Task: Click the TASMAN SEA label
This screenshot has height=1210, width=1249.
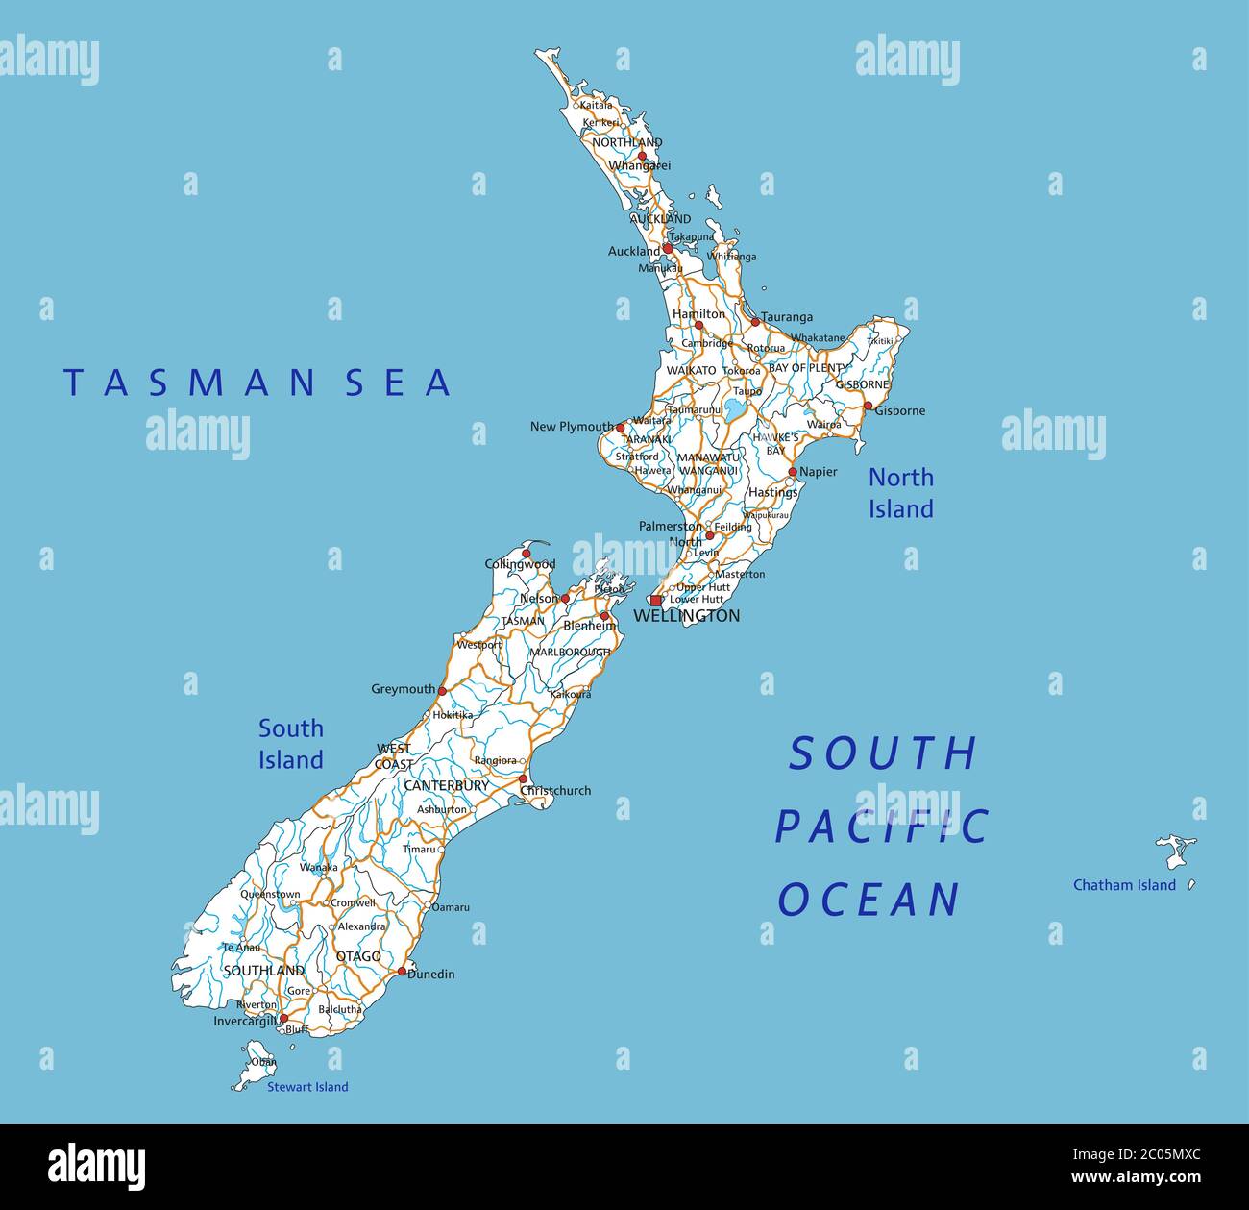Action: [x=257, y=383]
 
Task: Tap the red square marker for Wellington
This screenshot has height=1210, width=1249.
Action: [x=655, y=601]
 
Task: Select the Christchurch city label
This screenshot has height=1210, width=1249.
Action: [x=556, y=791]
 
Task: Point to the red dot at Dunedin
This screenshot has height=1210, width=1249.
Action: [x=402, y=972]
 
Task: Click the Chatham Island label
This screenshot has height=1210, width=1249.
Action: [x=1124, y=885]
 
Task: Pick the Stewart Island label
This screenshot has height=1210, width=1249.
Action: [x=307, y=1087]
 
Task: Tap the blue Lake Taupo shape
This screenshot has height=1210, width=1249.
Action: [x=735, y=411]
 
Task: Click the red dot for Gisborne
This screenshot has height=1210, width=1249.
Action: [x=868, y=407]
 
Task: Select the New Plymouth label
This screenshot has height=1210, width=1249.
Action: [x=572, y=426]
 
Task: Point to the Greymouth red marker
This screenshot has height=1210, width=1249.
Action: [x=442, y=690]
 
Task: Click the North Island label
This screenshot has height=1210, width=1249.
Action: [x=900, y=493]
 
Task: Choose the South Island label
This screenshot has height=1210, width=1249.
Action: [x=290, y=744]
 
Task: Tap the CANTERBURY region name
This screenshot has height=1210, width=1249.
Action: [x=446, y=785]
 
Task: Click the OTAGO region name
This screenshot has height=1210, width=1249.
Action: [x=358, y=956]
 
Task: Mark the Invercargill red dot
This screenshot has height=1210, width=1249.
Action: [x=283, y=1018]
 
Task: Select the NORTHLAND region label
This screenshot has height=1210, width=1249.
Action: [x=626, y=142]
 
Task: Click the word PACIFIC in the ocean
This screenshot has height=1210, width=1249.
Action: [x=882, y=827]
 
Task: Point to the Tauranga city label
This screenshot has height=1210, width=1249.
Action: [x=787, y=317]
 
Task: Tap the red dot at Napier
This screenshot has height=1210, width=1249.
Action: [x=793, y=472]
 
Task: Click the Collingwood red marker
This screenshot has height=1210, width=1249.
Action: [x=526, y=554]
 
